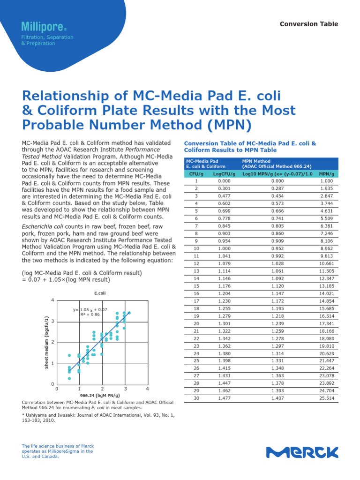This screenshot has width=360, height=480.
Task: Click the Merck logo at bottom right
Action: pyautogui.click(x=302, y=452)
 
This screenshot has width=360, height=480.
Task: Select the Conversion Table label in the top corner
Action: pyautogui.click(x=308, y=24)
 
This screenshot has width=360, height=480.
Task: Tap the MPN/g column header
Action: pyautogui.click(x=326, y=173)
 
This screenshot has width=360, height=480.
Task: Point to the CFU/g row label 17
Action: pyautogui.click(x=196, y=301)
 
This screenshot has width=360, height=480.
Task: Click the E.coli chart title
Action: pyautogui.click(x=100, y=293)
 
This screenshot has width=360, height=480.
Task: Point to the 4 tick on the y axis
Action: pyautogui.click(x=52, y=300)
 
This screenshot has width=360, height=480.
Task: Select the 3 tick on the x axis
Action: pyautogui.click(x=125, y=389)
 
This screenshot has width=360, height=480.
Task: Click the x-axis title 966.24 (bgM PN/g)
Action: pyautogui.click(x=100, y=396)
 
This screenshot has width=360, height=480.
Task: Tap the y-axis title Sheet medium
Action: pyautogui.click(x=46, y=342)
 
